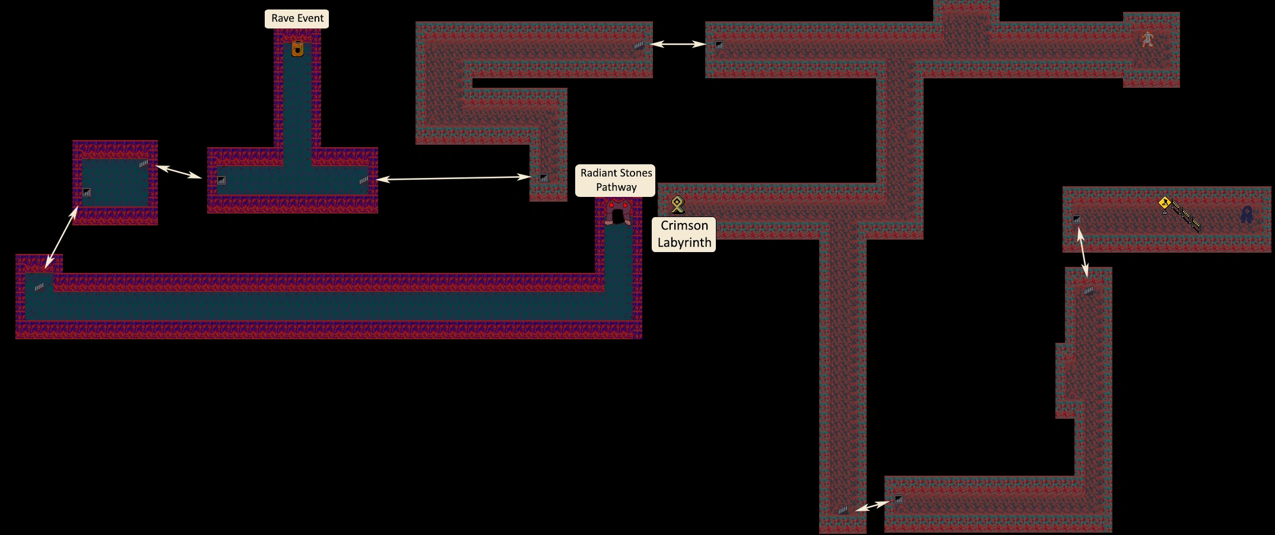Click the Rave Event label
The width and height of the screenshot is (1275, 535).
297,18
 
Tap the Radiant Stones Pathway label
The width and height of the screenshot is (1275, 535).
616,180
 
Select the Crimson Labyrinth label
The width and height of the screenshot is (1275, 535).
684,234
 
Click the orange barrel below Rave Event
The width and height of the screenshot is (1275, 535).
297,47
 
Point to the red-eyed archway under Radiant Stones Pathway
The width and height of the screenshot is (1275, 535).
618,212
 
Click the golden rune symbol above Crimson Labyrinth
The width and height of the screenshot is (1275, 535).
677,205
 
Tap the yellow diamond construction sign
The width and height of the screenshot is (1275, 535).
1165,204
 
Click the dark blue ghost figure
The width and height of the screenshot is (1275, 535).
1247,214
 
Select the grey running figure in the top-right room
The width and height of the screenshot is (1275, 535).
1148,40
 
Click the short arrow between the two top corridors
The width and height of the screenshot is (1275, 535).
678,44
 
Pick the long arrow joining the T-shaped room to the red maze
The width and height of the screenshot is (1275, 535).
454,178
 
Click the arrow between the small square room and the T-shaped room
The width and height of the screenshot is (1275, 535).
179,171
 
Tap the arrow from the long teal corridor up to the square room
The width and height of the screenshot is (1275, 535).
62,237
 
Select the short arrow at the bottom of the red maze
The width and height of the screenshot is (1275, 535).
873,506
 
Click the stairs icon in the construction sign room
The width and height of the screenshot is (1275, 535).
1077,219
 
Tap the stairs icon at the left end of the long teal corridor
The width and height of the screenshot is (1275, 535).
39,287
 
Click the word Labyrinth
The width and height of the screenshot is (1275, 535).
684,243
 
